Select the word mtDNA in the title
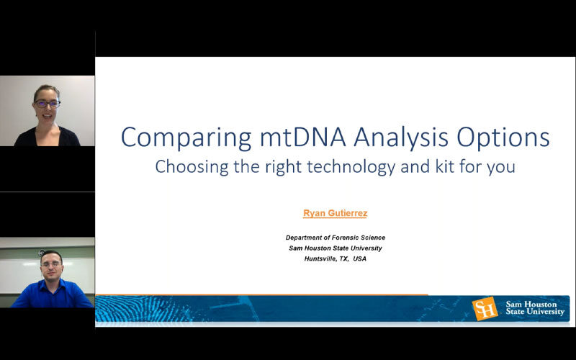302,137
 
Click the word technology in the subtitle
351,167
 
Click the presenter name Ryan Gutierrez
335,213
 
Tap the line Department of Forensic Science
336,238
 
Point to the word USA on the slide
359,258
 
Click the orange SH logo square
485,309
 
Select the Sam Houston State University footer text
535,308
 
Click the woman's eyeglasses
47,104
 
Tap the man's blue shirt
51,294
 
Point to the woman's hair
46,91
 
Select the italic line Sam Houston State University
336,248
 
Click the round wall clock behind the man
42,253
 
